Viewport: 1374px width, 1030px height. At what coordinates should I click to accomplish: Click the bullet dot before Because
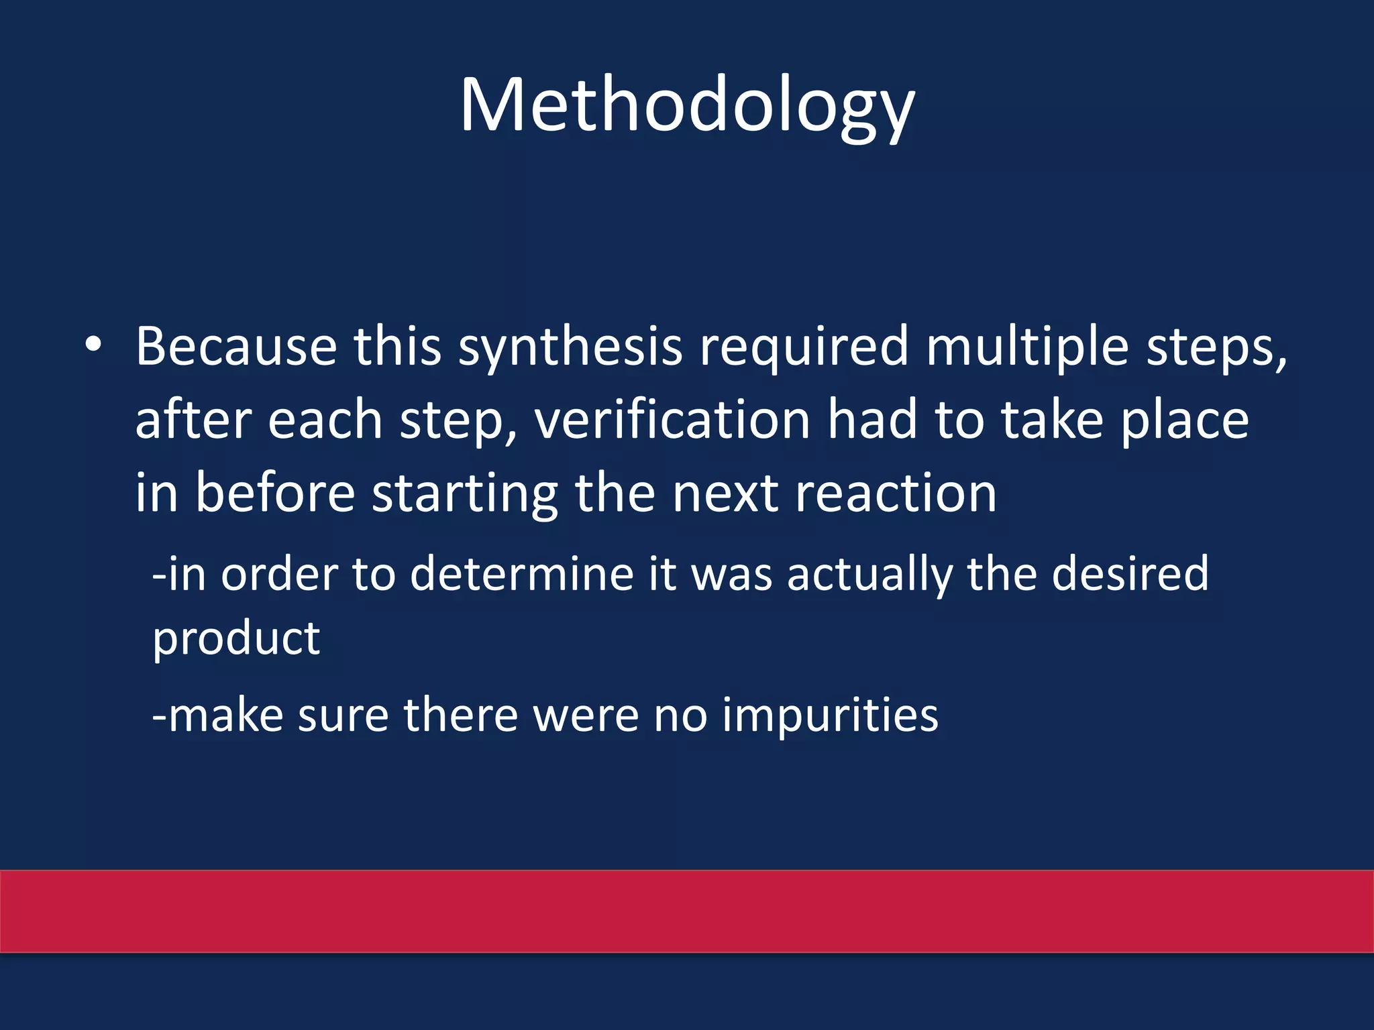click(93, 345)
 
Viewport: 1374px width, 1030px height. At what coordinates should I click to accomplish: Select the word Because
click(236, 347)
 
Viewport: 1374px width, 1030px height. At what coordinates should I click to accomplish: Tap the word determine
click(521, 574)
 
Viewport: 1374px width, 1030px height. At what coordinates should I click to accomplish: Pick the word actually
click(869, 575)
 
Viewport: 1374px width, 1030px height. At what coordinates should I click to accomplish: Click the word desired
click(1130, 574)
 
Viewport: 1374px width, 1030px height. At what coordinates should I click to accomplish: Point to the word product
click(236, 640)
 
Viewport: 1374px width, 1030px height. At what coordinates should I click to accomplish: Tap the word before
click(275, 494)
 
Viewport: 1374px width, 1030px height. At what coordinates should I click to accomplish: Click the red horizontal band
click(687, 911)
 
